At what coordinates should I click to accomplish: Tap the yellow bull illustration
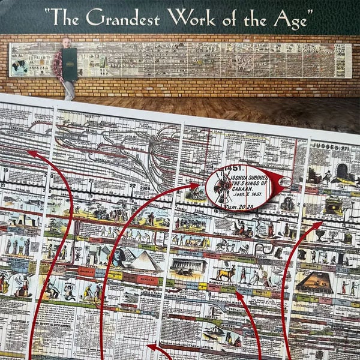[226, 275]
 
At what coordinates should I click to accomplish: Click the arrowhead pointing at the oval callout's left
[202, 186]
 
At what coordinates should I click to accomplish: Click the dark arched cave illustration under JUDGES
[343, 171]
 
